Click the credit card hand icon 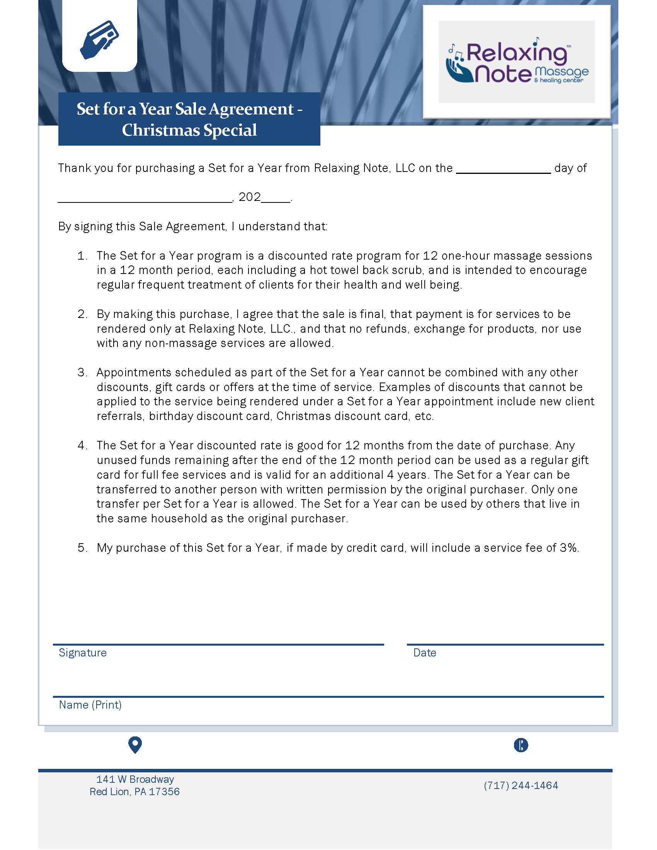[x=99, y=39]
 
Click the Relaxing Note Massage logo [x=516, y=62]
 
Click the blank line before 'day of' [x=503, y=169]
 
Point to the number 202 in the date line [x=250, y=197]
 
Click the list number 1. [x=82, y=256]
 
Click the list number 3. [x=82, y=372]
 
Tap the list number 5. [x=82, y=547]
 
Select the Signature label [x=83, y=653]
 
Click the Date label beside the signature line [x=425, y=653]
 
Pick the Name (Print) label [x=90, y=705]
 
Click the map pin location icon [x=134, y=745]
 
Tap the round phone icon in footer [x=521, y=745]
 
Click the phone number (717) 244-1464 [x=521, y=785]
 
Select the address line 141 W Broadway [x=135, y=779]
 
